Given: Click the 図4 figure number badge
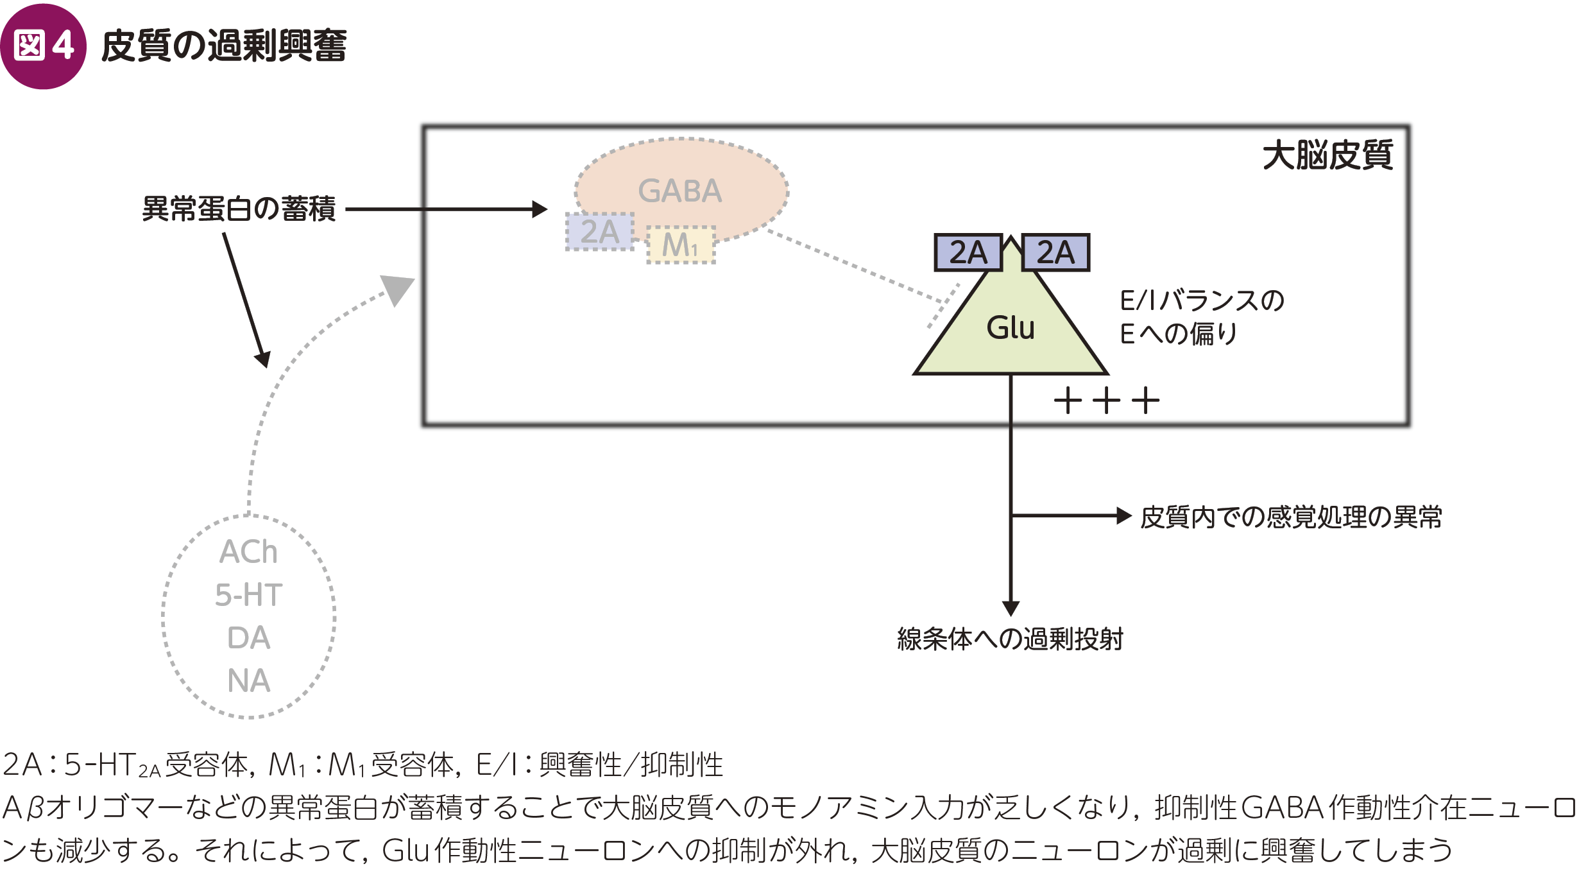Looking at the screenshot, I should click(43, 46).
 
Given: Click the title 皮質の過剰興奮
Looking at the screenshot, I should click(224, 46).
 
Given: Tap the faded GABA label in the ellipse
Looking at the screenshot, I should click(680, 191).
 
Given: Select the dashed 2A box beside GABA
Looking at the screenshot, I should click(600, 232).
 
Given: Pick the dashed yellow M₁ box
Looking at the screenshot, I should click(680, 245).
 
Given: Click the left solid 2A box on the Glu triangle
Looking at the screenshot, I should click(968, 252).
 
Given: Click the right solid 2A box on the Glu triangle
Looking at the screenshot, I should click(1055, 252).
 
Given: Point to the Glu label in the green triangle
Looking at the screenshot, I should click(1011, 327).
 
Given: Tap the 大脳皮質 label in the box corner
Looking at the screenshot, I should click(1327, 155).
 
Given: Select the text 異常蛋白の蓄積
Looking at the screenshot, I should click(239, 209).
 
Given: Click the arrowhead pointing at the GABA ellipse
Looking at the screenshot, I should click(540, 209).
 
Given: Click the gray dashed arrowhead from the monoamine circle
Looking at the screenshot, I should click(398, 289).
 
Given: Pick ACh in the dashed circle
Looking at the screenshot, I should click(248, 552).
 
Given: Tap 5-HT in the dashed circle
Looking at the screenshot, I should click(248, 595).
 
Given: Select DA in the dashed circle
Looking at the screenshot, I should click(248, 638).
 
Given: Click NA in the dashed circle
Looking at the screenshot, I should click(248, 680).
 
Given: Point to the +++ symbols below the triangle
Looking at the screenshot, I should click(1107, 401).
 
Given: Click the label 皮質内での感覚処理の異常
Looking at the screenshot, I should click(1291, 517).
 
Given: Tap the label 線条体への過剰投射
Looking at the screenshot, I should click(1010, 639).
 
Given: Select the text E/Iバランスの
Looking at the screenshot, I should click(1202, 300).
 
